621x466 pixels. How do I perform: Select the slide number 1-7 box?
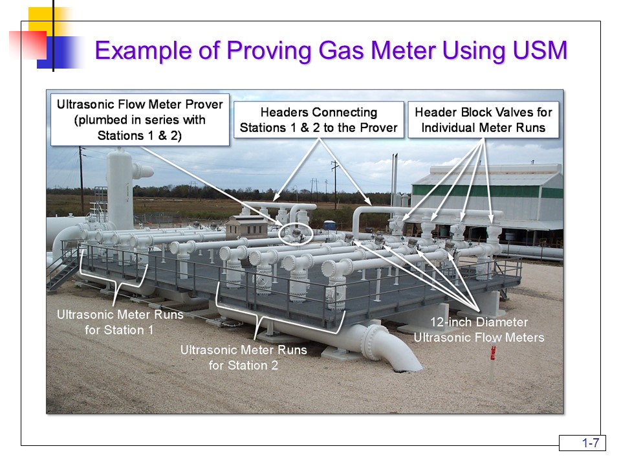coord(582,443)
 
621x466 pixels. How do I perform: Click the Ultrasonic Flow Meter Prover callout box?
coord(140,120)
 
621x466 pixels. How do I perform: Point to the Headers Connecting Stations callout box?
coord(318,120)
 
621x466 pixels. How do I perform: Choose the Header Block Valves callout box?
coord(483,120)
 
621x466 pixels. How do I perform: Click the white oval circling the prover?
coord(297,234)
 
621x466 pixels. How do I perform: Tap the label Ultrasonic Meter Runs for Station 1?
coord(120,322)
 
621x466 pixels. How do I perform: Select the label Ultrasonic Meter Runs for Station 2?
coord(243,357)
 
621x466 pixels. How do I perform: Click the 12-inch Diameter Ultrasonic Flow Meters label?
coord(479,329)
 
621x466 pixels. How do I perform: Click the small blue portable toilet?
coord(330,226)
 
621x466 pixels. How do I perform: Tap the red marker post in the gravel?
coord(493,353)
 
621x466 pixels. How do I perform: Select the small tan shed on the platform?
coord(246,228)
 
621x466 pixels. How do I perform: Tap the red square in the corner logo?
coord(27,45)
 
